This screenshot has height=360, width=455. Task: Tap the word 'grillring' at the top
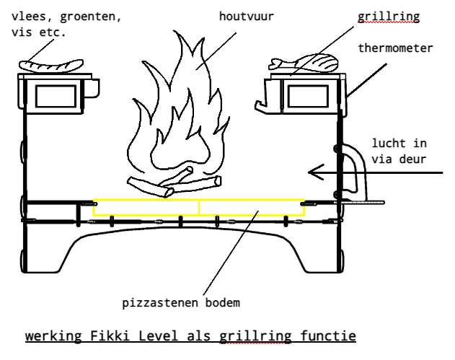pos(386,15)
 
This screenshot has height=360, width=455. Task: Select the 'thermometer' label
pos(395,48)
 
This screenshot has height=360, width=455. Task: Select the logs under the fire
pos(173,183)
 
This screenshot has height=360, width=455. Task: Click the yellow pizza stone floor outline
pos(198,208)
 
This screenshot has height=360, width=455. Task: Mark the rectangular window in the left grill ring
pos(56,95)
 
